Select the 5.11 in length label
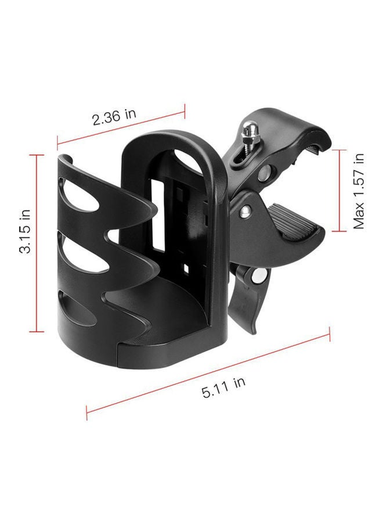tap(223, 386)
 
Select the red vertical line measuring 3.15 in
tap(37, 243)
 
